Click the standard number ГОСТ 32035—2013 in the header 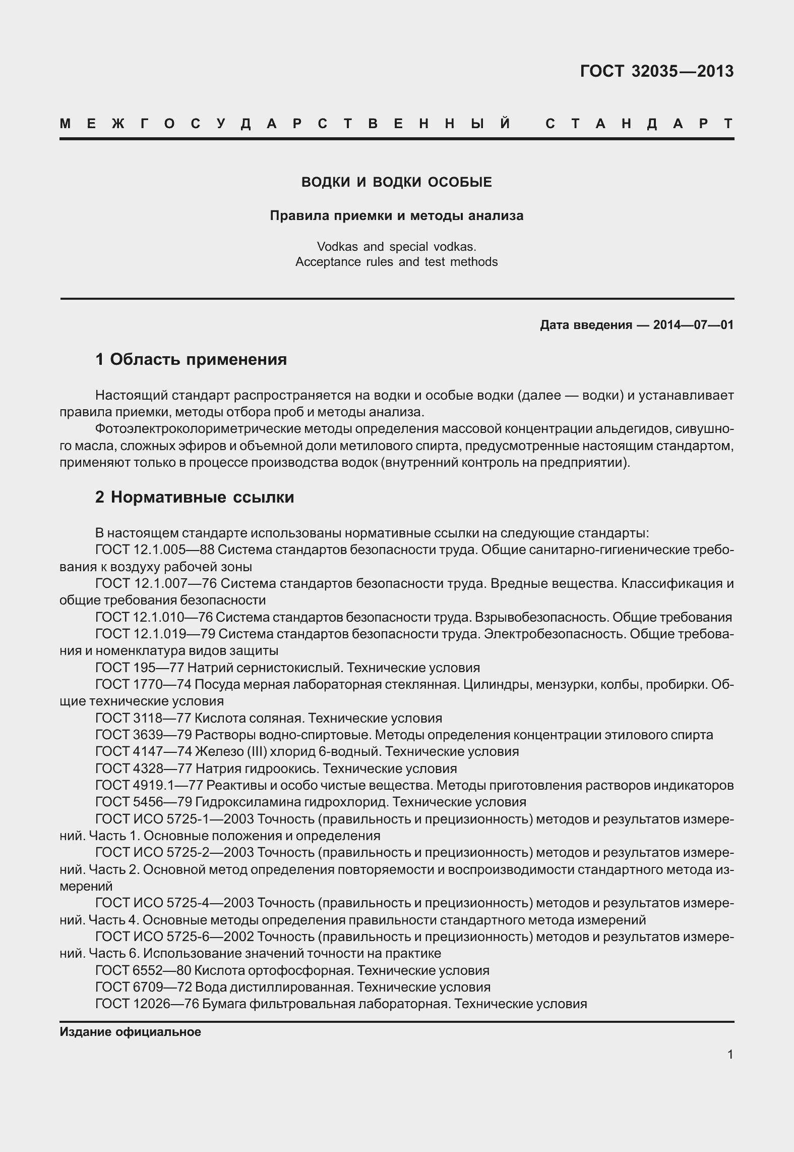[x=656, y=72]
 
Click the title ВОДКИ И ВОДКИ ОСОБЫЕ [x=396, y=182]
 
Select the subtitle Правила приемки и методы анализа [x=396, y=216]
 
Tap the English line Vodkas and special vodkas [x=396, y=247]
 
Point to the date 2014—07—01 [x=693, y=325]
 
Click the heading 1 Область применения [x=191, y=359]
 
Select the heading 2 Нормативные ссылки [x=195, y=498]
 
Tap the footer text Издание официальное [x=130, y=1032]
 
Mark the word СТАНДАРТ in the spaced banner [x=639, y=124]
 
